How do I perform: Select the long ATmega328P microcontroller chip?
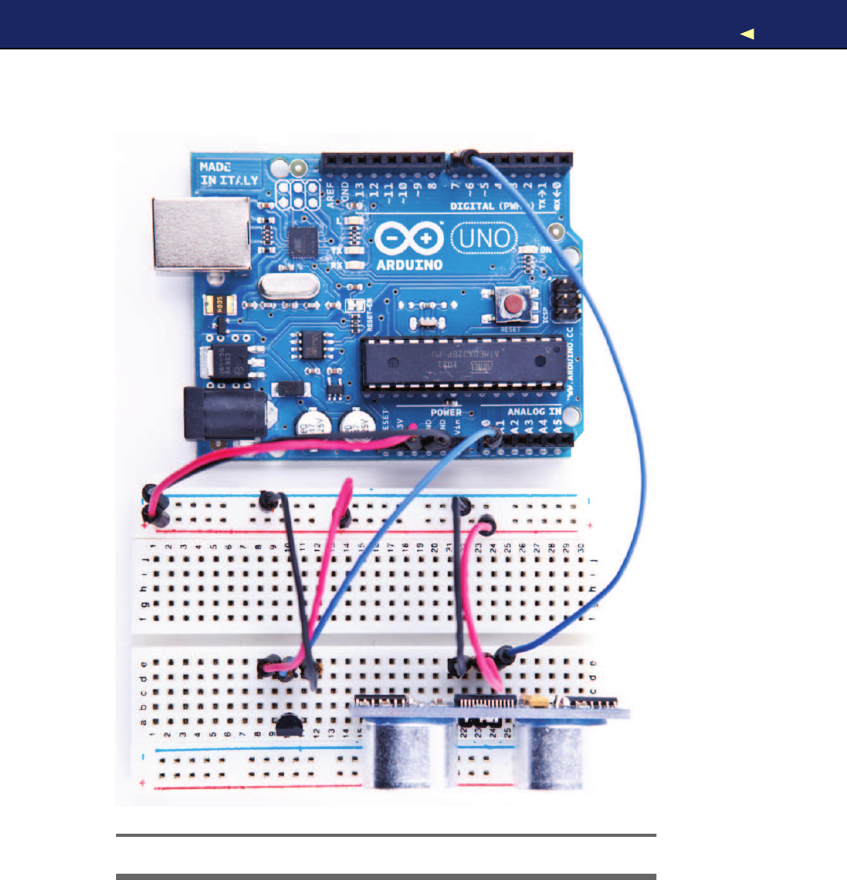[462, 362]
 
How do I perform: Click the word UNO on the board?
[485, 237]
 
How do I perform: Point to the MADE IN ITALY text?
[228, 173]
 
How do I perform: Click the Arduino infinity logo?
[408, 238]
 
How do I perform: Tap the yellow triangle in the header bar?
[747, 34]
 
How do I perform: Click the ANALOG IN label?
[534, 411]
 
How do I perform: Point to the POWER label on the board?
[445, 412]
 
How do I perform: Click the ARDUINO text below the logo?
[409, 264]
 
